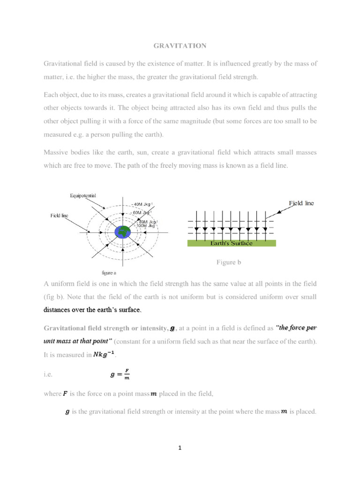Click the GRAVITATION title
[x=180, y=45]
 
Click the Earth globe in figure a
[x=124, y=232]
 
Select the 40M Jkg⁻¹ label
[x=143, y=204]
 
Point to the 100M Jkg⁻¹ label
[x=146, y=225]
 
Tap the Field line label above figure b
[x=301, y=203]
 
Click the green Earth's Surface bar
[x=232, y=243]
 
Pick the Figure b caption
[x=228, y=262]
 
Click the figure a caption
[x=109, y=272]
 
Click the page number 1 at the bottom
[x=180, y=448]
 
